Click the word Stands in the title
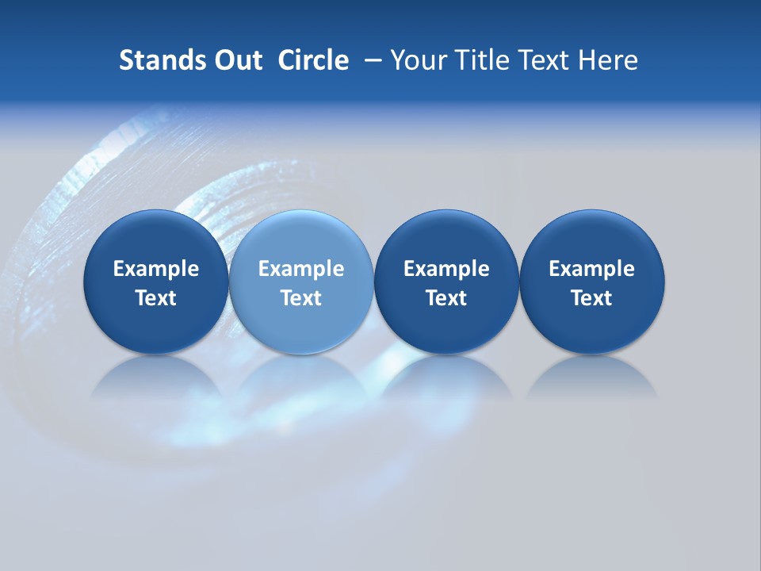point(161,60)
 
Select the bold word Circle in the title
point(313,60)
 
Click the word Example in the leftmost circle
point(156,269)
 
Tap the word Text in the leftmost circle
point(156,298)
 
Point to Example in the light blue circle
point(301,269)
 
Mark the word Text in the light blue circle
point(301,298)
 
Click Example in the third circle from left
point(446,269)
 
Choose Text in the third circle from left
point(446,298)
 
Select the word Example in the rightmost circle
point(591,269)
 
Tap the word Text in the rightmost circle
point(591,298)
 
